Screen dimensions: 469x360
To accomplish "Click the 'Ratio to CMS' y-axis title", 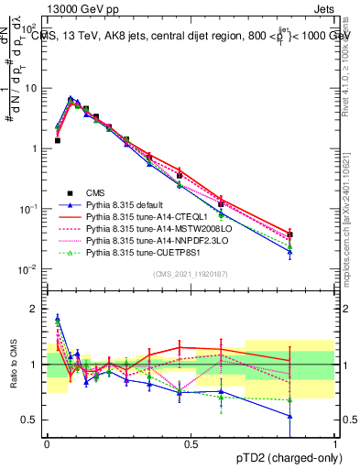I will [12, 365].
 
